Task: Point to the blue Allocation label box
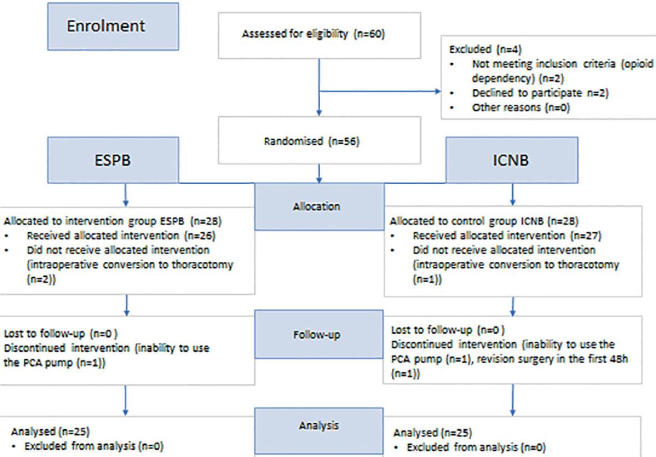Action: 319,206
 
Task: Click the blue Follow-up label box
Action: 319,334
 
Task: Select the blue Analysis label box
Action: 319,426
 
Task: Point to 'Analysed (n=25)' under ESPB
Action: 51,431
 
